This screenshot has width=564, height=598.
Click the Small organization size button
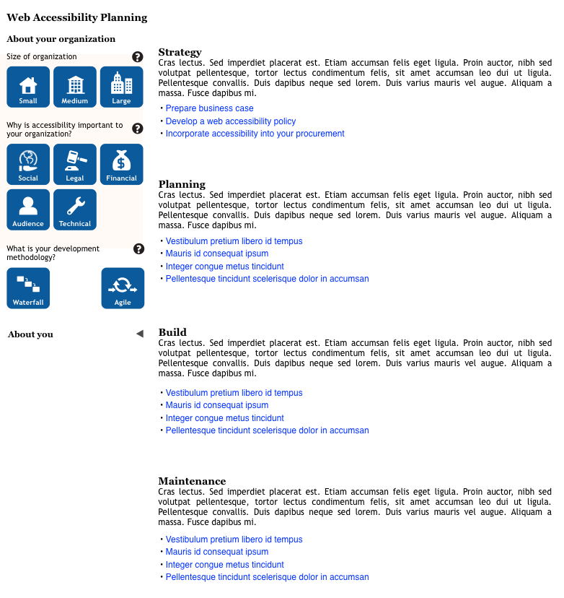tap(28, 87)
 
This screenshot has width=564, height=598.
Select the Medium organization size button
tap(75, 87)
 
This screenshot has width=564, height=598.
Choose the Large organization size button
tap(122, 87)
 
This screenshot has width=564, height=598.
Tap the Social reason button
tap(28, 164)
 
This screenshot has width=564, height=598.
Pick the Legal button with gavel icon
tap(75, 164)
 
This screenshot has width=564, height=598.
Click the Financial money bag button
tap(122, 164)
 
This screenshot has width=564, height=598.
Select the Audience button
tap(28, 209)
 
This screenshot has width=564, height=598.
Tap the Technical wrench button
tap(75, 209)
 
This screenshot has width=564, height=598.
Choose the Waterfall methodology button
tap(28, 288)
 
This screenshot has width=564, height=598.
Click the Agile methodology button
tap(123, 288)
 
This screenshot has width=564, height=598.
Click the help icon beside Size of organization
tap(138, 56)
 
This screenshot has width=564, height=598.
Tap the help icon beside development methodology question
tap(139, 249)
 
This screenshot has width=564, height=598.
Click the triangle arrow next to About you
tap(139, 334)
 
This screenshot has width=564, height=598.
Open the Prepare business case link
tap(209, 108)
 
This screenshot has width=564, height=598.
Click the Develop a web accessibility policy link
tap(230, 121)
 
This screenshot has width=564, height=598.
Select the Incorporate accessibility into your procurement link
tap(255, 134)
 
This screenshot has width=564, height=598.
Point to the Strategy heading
tap(180, 52)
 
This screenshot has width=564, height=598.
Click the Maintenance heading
tap(192, 481)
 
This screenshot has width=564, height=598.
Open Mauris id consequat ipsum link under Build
tap(216, 405)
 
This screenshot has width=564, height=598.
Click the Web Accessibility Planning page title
tap(76, 17)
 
